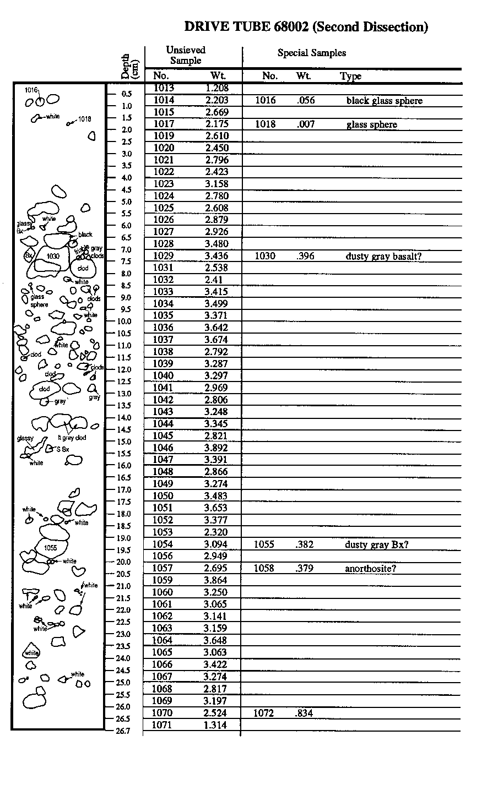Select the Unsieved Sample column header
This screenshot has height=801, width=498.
pos(186,55)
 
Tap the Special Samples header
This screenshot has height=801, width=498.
pos(311,53)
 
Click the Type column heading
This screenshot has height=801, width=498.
pos(350,76)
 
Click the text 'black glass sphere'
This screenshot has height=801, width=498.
pos(384,101)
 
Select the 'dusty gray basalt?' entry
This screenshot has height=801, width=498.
pos(383,256)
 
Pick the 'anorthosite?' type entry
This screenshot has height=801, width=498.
pos(370,568)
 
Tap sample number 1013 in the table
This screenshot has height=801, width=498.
pos(164,88)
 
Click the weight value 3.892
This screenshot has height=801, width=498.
pos(216,448)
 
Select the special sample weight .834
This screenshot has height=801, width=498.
pos(305,713)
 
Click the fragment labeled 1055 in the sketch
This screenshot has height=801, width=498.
pos(51,547)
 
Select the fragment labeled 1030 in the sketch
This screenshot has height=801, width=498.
pos(53,256)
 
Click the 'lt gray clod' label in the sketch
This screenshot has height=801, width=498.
pos(72,438)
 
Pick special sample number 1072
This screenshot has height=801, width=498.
pos(264,713)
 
